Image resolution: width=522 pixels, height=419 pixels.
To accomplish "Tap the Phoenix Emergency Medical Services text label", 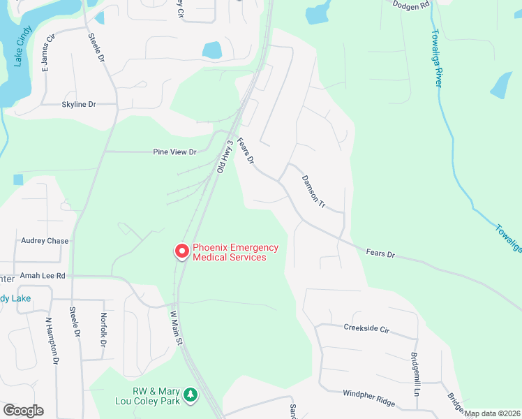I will pyautogui.click(x=235, y=252).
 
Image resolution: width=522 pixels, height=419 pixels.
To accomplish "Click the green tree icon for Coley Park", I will pyautogui.click(x=190, y=397).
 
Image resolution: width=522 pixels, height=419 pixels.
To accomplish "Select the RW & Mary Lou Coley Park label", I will pyautogui.click(x=147, y=396).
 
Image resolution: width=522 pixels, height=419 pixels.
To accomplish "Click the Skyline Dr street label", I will pyautogui.click(x=78, y=104).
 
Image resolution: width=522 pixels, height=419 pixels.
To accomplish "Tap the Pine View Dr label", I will pyautogui.click(x=175, y=152).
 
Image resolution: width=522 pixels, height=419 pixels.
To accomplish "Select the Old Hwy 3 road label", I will pyautogui.click(x=225, y=157).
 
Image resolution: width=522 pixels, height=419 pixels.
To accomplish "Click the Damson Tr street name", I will pyautogui.click(x=313, y=192).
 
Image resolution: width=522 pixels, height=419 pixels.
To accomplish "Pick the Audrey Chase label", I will pyautogui.click(x=45, y=241).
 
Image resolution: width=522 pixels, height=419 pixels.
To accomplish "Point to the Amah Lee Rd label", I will pyautogui.click(x=42, y=276).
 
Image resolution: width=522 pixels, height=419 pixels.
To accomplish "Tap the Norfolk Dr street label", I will pyautogui.click(x=103, y=330).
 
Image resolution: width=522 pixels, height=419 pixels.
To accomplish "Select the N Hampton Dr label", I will pyautogui.click(x=50, y=341).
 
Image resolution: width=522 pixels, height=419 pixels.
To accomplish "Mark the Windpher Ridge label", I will pyautogui.click(x=368, y=399).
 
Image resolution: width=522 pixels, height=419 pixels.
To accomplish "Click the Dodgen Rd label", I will pyautogui.click(x=411, y=6).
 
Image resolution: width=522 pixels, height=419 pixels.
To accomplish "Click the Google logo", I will pyautogui.click(x=23, y=411).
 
